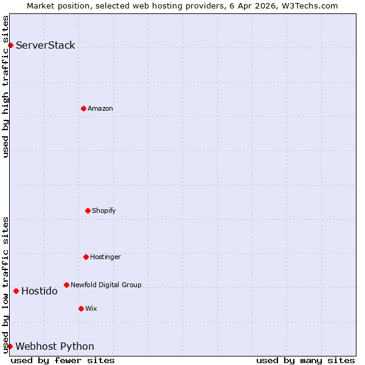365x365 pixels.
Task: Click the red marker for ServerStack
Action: tap(10, 45)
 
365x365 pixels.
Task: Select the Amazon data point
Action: tap(83, 108)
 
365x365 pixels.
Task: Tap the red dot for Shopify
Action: tap(88, 210)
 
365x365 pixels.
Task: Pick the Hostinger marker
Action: tap(86, 257)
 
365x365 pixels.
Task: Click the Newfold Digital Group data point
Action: tap(66, 285)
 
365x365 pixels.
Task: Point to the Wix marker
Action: tap(81, 308)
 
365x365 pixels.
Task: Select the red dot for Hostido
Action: tap(16, 291)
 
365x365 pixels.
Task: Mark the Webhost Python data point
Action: tap(10, 346)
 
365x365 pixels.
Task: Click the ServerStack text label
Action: tap(46, 45)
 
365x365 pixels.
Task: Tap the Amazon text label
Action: tap(100, 108)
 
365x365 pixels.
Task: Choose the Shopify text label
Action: tap(104, 210)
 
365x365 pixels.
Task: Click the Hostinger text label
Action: tap(106, 257)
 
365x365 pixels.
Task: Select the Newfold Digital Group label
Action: tap(106, 285)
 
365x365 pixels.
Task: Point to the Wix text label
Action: tap(91, 308)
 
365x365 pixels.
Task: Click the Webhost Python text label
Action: tap(55, 346)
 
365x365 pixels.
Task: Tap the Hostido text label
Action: tap(40, 291)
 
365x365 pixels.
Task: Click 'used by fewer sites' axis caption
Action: tap(63, 360)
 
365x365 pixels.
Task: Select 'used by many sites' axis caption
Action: tap(305, 360)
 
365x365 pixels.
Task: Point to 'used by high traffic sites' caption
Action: tap(5, 86)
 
